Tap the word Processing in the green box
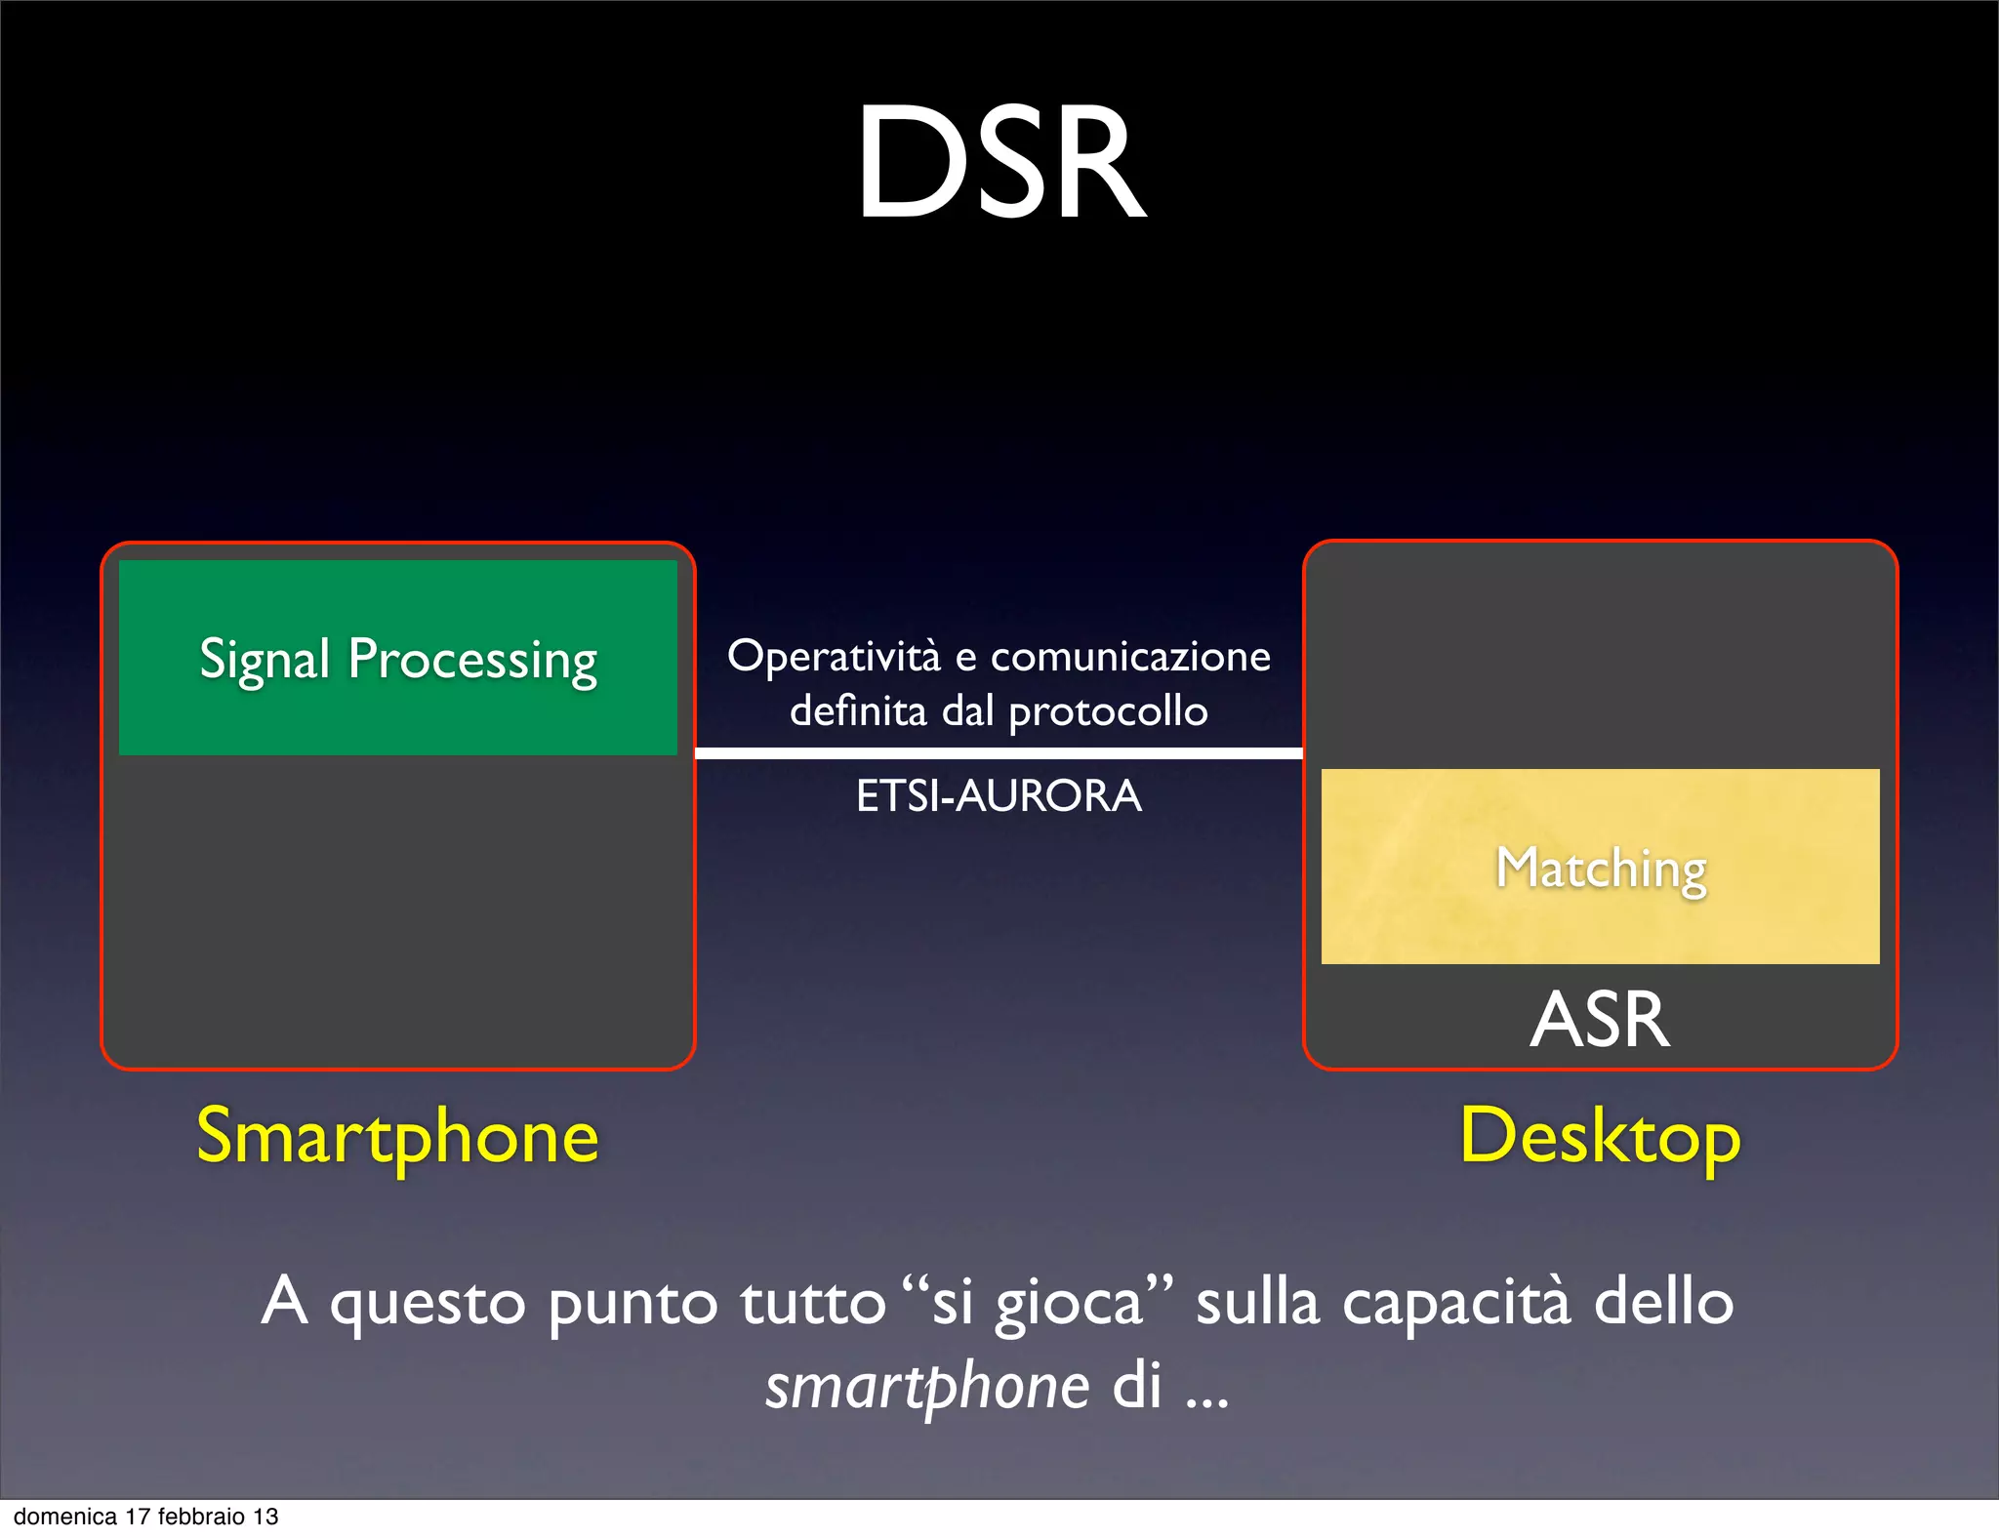pyautogui.click(x=472, y=660)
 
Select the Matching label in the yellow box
pyautogui.click(x=1601, y=868)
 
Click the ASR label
pyautogui.click(x=1600, y=1020)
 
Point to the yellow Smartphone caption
pyautogui.click(x=397, y=1137)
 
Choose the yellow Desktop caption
pyautogui.click(x=1600, y=1137)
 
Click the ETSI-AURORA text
pyautogui.click(x=999, y=796)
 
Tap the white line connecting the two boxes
pyautogui.click(x=999, y=753)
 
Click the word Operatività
pyautogui.click(x=835, y=656)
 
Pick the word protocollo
pyautogui.click(x=1108, y=711)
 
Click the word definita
pyautogui.click(x=858, y=710)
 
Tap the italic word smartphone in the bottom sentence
pyautogui.click(x=926, y=1387)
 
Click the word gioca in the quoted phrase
pyautogui.click(x=1069, y=1304)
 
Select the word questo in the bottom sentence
pyautogui.click(x=428, y=1304)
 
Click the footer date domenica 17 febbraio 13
pyautogui.click(x=146, y=1517)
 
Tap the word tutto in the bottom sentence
pyautogui.click(x=812, y=1302)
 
